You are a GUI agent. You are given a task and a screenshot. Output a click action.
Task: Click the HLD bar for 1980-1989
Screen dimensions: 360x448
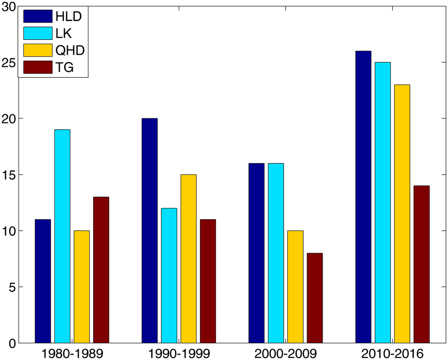click(43, 281)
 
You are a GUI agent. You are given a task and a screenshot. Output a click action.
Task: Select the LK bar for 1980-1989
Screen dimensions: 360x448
click(62, 236)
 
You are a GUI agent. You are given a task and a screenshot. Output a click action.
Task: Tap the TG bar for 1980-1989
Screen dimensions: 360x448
click(101, 270)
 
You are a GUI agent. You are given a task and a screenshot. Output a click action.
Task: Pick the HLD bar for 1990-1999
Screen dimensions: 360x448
click(149, 231)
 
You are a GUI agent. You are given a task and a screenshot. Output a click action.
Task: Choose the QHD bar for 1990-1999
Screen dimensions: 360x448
click(188, 259)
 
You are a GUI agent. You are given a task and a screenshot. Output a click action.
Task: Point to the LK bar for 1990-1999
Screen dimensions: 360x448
click(169, 275)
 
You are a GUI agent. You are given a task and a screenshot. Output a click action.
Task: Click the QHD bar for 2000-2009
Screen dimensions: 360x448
click(295, 287)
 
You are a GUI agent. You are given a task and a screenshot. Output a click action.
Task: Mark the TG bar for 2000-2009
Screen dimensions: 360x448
click(315, 298)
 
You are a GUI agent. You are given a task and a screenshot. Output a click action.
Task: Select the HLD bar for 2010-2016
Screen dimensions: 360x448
click(363, 197)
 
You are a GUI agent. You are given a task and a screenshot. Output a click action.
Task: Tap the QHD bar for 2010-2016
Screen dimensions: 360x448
click(402, 214)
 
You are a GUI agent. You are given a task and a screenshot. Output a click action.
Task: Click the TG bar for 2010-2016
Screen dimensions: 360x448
click(422, 264)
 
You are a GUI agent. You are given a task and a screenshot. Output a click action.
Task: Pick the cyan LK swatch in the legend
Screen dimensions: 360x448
click(38, 33)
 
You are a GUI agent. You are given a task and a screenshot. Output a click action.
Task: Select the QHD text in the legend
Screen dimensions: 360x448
click(70, 50)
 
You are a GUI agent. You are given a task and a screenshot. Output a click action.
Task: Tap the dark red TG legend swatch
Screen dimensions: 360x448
click(38, 67)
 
